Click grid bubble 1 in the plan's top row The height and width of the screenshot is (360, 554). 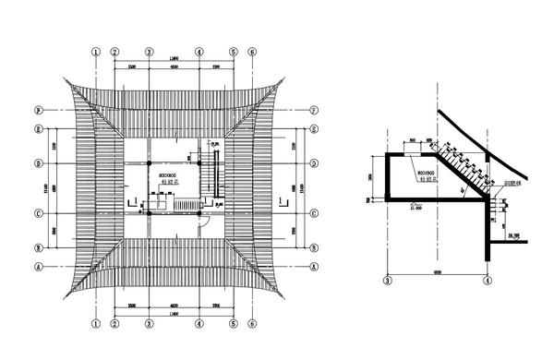pos(96,52)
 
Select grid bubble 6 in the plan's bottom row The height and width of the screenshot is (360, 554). pos(252,325)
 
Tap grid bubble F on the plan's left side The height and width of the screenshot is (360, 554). pos(38,110)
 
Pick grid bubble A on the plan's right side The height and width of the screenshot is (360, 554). pos(314,265)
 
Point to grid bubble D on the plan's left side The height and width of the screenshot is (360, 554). pos(38,163)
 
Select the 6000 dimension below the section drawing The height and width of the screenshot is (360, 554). pos(437,270)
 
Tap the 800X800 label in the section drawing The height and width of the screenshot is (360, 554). pos(426,173)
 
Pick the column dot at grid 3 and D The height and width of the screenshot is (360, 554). pos(148,163)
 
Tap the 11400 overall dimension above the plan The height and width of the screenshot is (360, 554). pos(175,61)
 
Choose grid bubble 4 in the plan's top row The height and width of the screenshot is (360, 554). pos(200,52)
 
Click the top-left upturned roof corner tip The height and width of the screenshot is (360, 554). pos(63,79)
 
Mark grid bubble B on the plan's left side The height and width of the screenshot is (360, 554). pos(38,248)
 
